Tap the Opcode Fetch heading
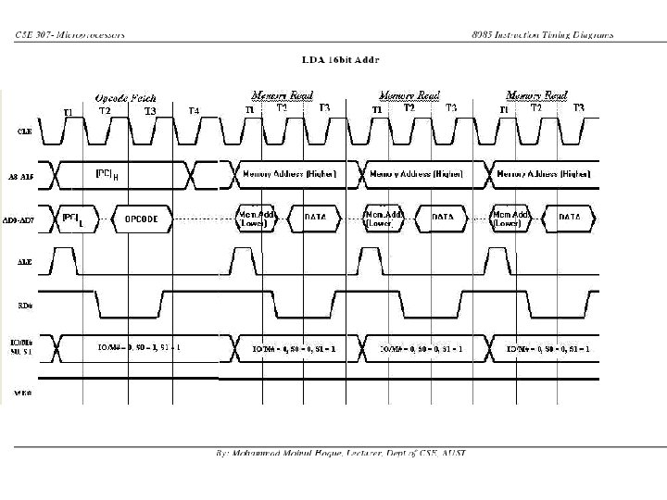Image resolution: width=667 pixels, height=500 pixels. pyautogui.click(x=125, y=97)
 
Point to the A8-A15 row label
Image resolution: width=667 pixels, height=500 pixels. pyautogui.click(x=25, y=174)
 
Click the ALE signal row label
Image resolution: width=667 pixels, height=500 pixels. pyautogui.click(x=25, y=262)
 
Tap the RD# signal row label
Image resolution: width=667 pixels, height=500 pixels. pyautogui.click(x=25, y=305)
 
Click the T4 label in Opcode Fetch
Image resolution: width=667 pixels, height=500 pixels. pyautogui.click(x=194, y=111)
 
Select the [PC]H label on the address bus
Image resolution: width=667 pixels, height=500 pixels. pyautogui.click(x=107, y=173)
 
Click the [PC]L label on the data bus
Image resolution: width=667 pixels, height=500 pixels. pyautogui.click(x=72, y=219)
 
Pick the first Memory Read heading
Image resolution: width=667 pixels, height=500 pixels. pyautogui.click(x=283, y=94)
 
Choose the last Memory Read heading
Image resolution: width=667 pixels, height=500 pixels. pyautogui.click(x=536, y=94)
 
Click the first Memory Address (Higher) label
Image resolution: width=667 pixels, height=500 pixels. pyautogui.click(x=289, y=173)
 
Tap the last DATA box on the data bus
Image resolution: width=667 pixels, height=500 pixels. pyautogui.click(x=570, y=218)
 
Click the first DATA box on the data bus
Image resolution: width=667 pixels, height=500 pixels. pyautogui.click(x=315, y=218)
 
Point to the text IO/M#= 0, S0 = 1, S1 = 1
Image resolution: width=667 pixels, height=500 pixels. pyautogui.click(x=139, y=347)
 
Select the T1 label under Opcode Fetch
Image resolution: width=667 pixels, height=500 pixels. pyautogui.click(x=68, y=112)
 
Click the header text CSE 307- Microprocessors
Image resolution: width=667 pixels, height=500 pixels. pyautogui.click(x=70, y=35)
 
